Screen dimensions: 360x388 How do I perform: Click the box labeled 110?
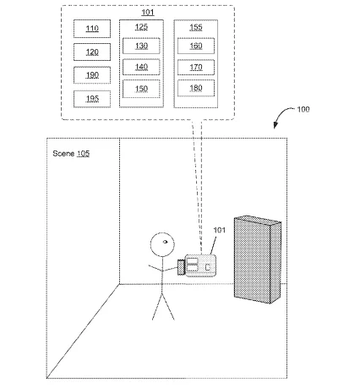(x=92, y=29)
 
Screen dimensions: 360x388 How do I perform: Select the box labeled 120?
(x=92, y=52)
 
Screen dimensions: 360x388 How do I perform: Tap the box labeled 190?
(x=92, y=75)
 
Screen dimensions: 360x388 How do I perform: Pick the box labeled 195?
(x=92, y=99)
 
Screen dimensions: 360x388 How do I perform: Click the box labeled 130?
(x=141, y=46)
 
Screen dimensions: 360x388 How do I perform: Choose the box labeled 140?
(x=141, y=67)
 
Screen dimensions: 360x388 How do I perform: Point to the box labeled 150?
(x=141, y=89)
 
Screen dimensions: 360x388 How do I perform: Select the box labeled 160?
(x=196, y=46)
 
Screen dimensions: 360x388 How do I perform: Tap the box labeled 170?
(x=196, y=68)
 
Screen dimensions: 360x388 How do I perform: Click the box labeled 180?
(x=196, y=88)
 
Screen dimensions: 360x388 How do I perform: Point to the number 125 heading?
(x=141, y=27)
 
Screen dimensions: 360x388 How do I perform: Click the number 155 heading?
(x=196, y=27)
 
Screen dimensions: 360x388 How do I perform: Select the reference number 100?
(x=303, y=109)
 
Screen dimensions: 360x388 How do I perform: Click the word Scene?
(x=63, y=154)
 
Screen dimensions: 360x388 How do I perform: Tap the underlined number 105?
(x=83, y=154)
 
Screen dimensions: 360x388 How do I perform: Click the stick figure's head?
(x=162, y=244)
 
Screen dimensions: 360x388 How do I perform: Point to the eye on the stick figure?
(x=165, y=242)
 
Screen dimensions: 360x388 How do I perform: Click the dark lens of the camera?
(x=181, y=267)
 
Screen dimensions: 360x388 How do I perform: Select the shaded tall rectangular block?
(x=258, y=260)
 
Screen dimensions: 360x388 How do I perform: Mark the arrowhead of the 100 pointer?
(x=275, y=126)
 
